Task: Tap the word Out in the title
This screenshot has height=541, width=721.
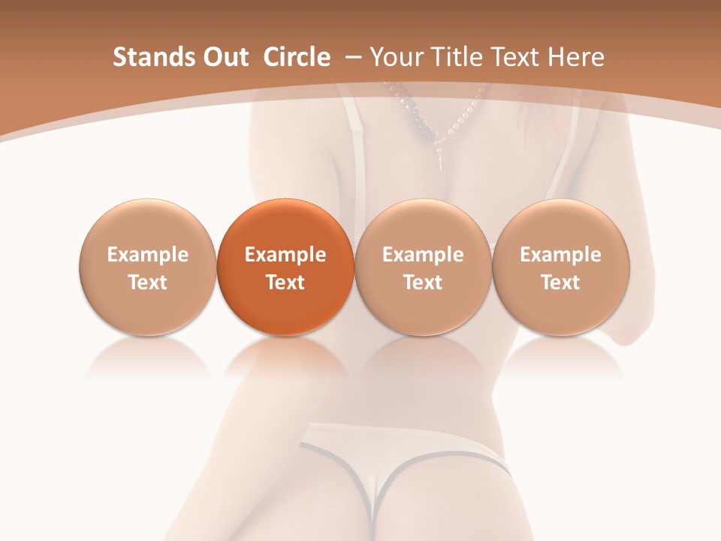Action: point(224,57)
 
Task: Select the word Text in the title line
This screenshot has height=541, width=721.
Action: point(517,57)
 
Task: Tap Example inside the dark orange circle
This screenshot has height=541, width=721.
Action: point(285,255)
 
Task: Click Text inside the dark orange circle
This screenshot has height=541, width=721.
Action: point(285,283)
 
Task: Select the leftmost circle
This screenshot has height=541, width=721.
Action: point(148,267)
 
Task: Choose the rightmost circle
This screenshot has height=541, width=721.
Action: point(560,267)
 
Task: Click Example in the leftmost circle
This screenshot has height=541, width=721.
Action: point(148,255)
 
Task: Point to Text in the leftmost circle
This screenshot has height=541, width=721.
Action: point(148,283)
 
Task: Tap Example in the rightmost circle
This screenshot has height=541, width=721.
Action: point(560,255)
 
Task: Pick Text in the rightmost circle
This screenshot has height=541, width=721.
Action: point(560,283)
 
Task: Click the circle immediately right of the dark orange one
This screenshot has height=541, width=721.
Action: point(423,267)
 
